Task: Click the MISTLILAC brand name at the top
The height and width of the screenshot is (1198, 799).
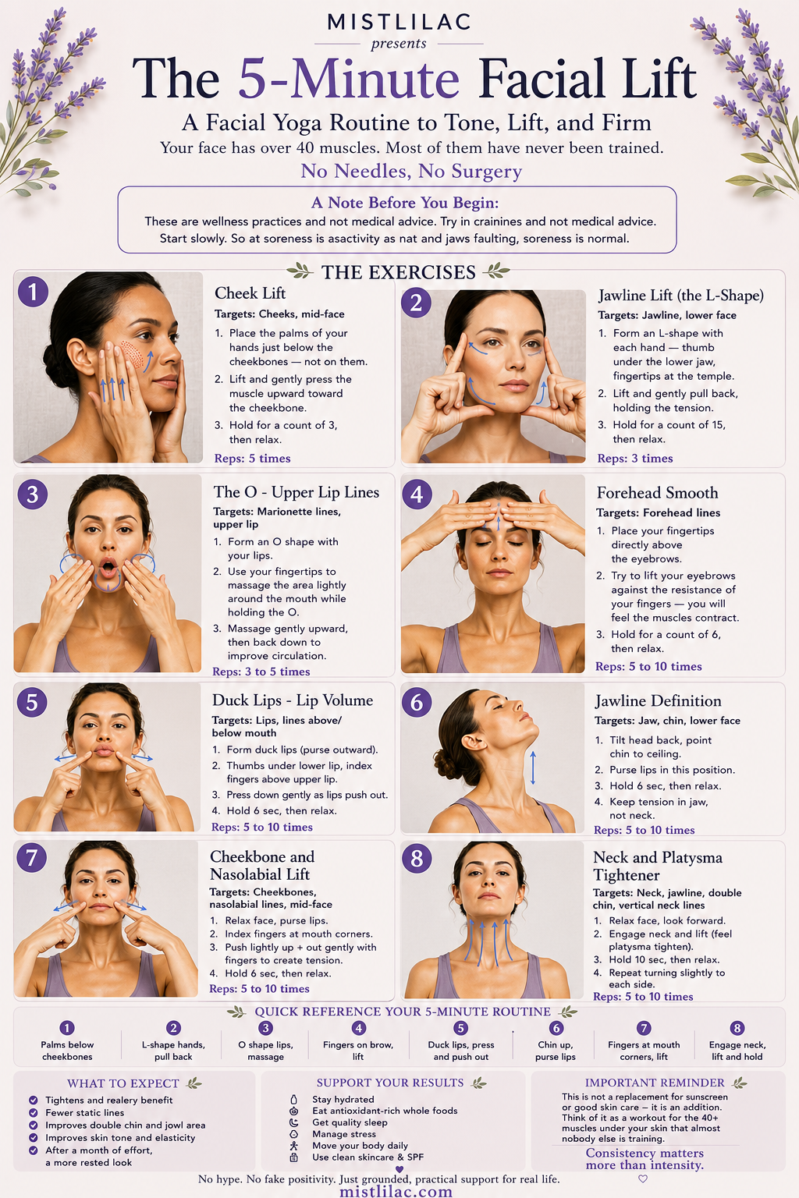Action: coord(399,22)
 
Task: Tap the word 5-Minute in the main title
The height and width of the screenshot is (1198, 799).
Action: coord(348,79)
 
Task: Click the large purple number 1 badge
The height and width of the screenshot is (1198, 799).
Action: coord(34,292)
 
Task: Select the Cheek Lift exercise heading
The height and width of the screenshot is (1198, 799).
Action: coord(250,293)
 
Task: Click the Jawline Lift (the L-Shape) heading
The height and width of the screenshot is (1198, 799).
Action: coord(680,296)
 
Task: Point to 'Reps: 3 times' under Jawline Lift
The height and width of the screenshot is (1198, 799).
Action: coord(634,459)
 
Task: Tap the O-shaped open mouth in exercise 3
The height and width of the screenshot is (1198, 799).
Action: coord(108,568)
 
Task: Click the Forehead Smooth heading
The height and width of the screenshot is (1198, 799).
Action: coord(657,493)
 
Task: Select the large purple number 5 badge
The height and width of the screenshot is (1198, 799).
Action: coord(32,702)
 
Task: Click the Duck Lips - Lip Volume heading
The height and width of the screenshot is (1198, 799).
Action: coord(292,700)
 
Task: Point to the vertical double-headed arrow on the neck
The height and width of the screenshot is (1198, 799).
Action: coord(532,767)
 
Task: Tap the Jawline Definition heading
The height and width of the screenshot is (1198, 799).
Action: coord(658,700)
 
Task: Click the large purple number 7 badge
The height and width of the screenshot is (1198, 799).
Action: coord(31,857)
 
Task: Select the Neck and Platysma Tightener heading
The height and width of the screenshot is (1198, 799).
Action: coord(657,866)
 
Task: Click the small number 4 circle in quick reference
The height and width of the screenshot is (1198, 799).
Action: coord(359,1028)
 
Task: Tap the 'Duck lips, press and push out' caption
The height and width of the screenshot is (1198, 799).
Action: coord(461,1051)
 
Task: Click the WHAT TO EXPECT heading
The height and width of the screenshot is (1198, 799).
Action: coord(123,1083)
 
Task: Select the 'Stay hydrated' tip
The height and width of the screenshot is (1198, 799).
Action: coord(343,1099)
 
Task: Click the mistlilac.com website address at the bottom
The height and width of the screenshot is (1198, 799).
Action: coord(396,1191)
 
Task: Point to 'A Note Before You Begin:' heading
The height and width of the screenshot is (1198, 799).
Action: coord(405,203)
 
